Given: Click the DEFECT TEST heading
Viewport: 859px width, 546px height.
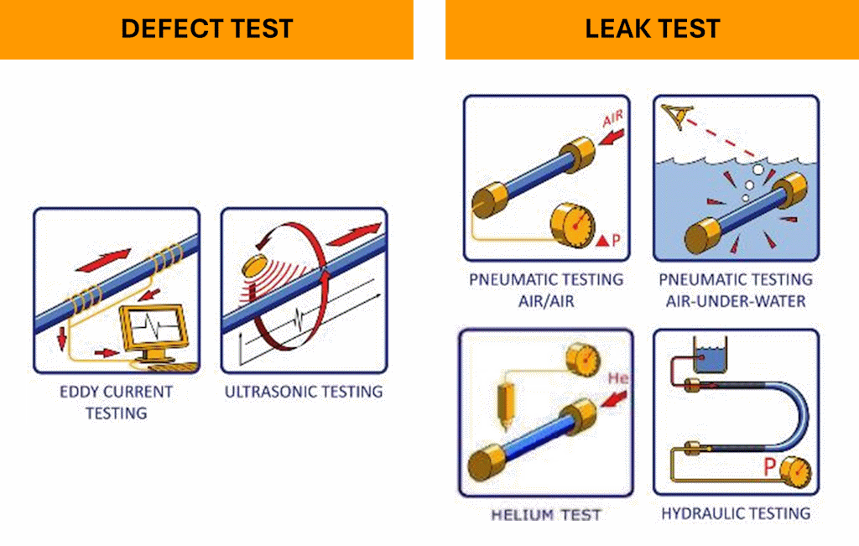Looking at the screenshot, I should [x=206, y=29].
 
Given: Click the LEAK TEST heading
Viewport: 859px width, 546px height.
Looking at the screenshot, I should [x=652, y=29].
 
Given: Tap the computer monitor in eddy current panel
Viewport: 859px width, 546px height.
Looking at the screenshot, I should [x=154, y=329].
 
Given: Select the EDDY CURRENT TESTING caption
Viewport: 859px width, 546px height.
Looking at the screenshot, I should [x=116, y=402].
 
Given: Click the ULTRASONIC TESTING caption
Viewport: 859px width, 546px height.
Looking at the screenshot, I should [x=304, y=391].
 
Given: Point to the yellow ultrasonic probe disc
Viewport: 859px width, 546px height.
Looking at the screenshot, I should [x=254, y=266].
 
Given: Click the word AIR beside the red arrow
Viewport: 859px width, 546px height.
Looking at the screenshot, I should [x=613, y=117].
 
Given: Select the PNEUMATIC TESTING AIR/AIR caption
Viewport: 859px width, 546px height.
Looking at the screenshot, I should [x=546, y=289].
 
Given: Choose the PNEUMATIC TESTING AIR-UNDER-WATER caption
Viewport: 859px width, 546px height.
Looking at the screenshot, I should [x=736, y=289].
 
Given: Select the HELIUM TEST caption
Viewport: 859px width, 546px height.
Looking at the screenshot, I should [x=546, y=514].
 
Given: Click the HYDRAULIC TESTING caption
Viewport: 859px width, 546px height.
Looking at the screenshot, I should [x=736, y=512].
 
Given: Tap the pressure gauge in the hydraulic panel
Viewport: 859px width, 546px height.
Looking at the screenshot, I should [x=795, y=472].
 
